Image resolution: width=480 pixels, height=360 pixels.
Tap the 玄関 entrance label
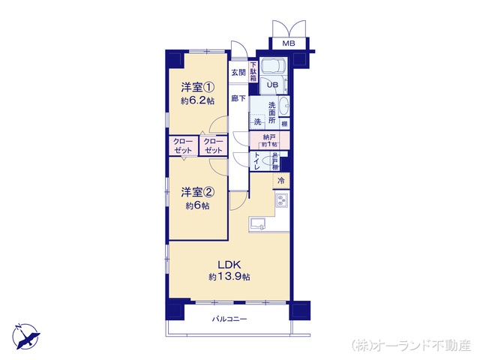pyautogui.click(x=238, y=72)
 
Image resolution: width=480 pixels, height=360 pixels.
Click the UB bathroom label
pyautogui.click(x=273, y=85)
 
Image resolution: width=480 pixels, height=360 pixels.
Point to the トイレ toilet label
pyautogui.click(x=256, y=162)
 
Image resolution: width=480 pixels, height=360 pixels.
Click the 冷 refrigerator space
pyautogui.click(x=281, y=181)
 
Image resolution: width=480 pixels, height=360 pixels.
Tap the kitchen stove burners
pyautogui.click(x=282, y=201)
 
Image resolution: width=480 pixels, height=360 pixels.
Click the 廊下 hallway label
pyautogui.click(x=238, y=98)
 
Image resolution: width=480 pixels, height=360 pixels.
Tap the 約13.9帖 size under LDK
pyautogui.click(x=229, y=277)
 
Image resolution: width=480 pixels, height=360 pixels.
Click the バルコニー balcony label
pyautogui.click(x=229, y=319)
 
